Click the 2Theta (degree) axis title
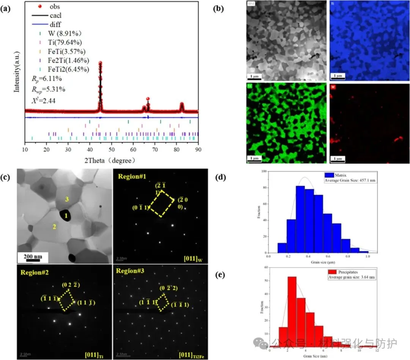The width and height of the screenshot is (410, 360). [x=111, y=161]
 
